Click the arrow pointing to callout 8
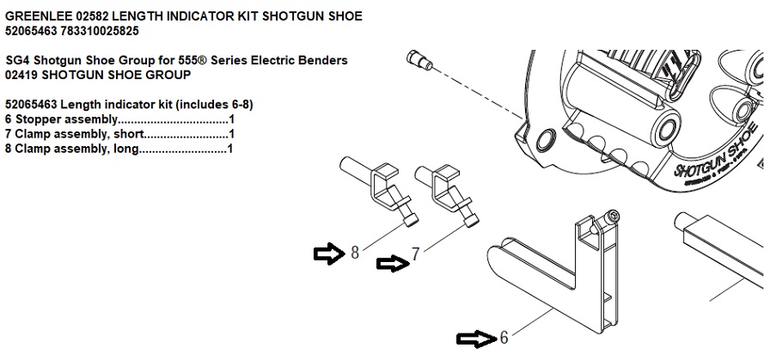tap(329, 254)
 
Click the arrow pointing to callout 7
tap(393, 264)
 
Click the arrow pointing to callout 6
tap(476, 339)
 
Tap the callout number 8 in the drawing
tap(355, 253)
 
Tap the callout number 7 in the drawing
tap(415, 254)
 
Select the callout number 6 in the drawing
tap(504, 338)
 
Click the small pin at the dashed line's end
tap(419, 60)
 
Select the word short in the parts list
tap(130, 134)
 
